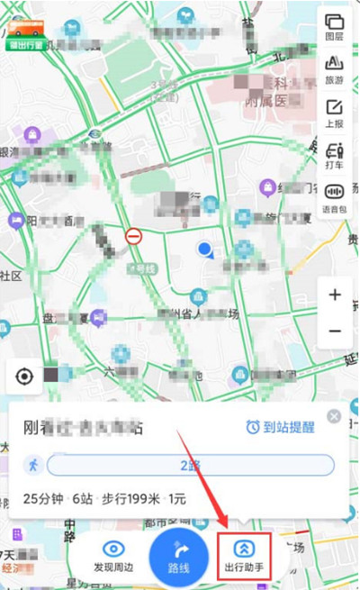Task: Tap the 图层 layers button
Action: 334,27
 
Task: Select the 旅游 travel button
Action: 334,68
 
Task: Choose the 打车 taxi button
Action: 334,153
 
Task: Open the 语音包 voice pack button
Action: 334,195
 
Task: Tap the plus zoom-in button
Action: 335,295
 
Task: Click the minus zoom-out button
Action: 335,331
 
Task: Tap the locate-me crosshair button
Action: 24,376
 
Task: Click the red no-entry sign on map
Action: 134,237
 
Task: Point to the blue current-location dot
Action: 206,249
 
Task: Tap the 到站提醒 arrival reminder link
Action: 280,427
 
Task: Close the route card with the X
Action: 335,416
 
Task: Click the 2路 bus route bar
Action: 190,465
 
